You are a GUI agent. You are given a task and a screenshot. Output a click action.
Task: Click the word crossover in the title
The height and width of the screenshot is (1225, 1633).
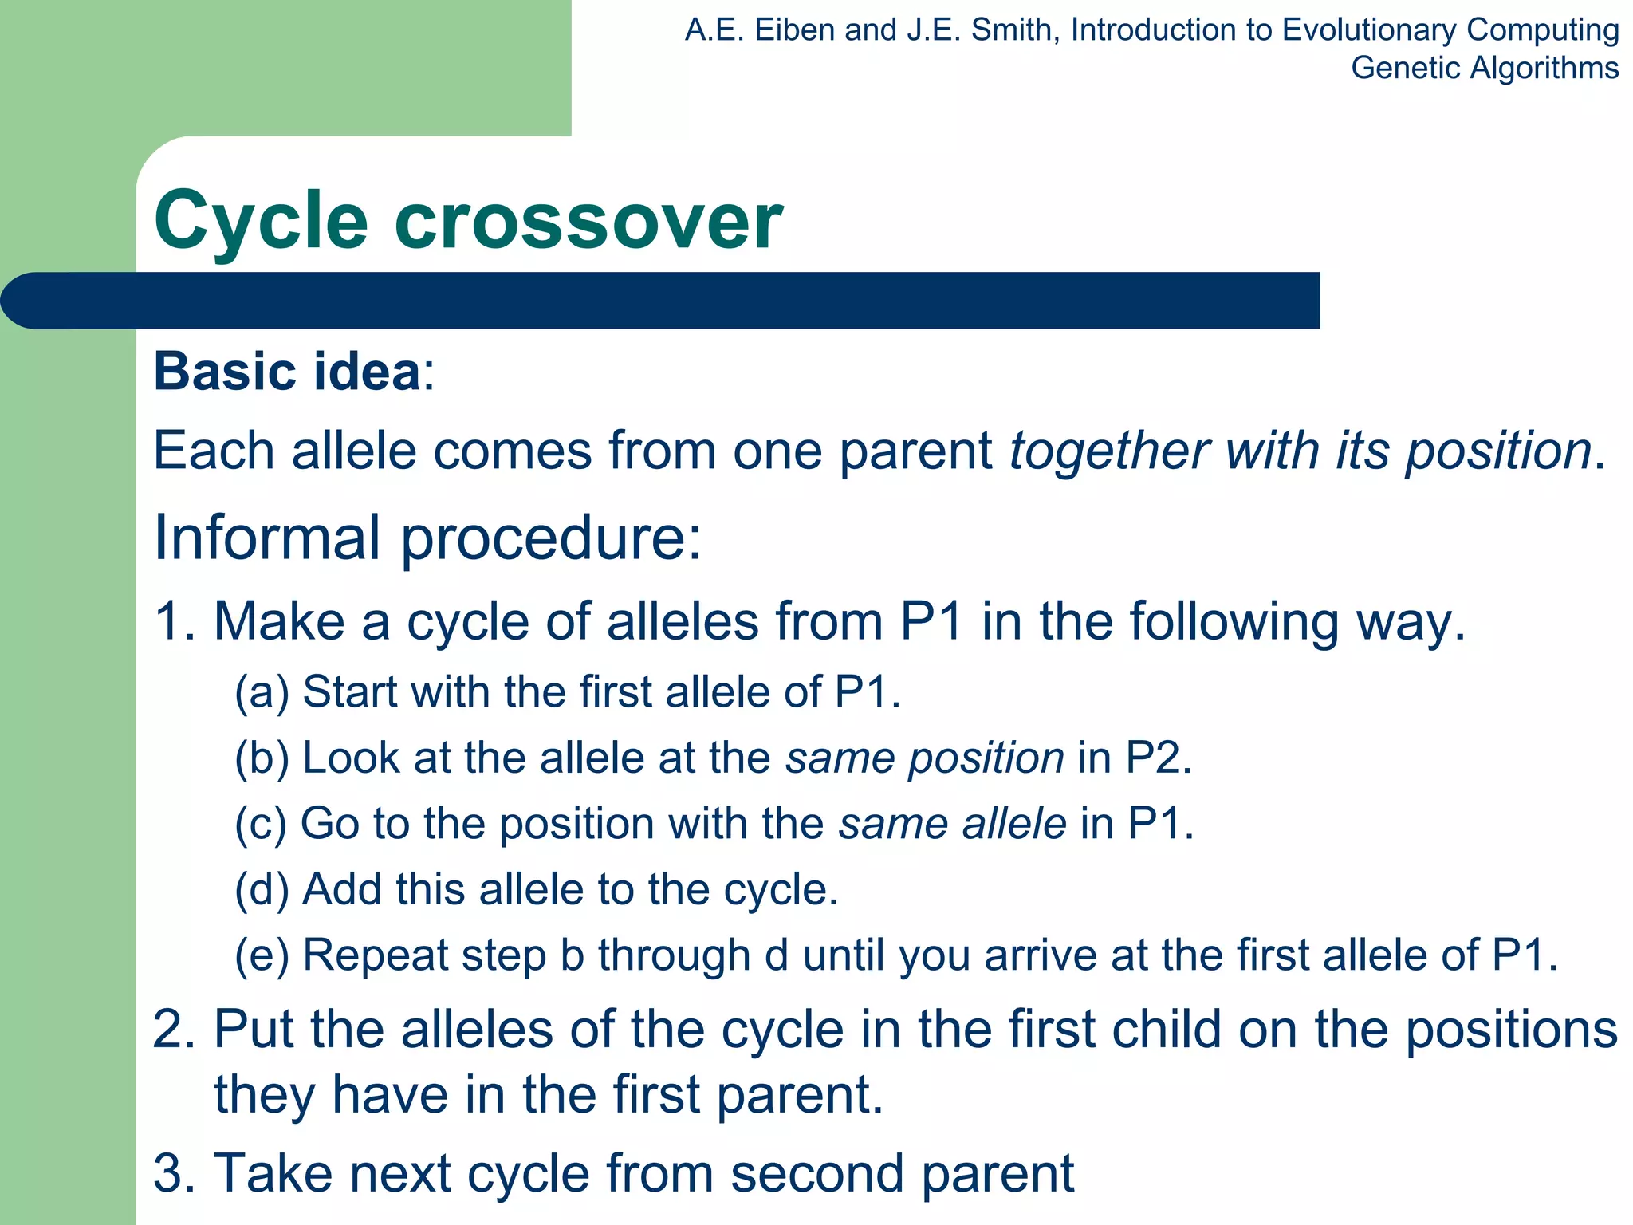tap(588, 221)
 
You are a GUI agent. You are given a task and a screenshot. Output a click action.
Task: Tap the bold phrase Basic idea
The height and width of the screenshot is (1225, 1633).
tap(287, 372)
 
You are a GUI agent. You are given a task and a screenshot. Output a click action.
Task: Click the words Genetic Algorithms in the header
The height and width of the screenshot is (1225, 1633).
tap(1484, 68)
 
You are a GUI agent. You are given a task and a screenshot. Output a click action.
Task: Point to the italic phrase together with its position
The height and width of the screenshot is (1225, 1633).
tap(1300, 451)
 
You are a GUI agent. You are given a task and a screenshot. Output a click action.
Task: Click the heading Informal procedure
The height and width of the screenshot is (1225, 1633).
tap(427, 538)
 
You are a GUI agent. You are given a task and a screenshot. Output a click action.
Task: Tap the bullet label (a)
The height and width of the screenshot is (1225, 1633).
tap(261, 691)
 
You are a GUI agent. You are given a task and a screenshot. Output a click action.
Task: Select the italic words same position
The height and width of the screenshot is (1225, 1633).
tap(925, 758)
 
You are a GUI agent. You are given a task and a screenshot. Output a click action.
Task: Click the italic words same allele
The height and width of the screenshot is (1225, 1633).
tap(952, 824)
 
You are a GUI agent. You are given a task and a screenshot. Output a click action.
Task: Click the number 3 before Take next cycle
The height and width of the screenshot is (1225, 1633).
tap(169, 1173)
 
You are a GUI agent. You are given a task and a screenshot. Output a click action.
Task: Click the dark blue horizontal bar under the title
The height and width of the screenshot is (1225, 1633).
tap(662, 301)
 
